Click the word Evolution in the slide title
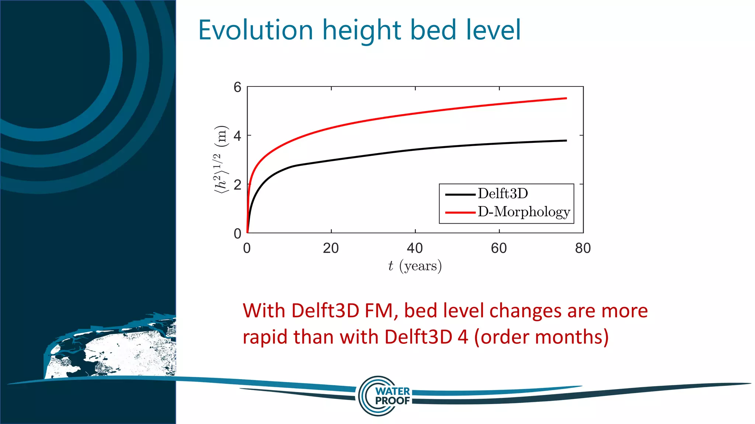(255, 30)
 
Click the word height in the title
(361, 30)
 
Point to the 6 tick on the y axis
(237, 87)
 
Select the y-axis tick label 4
(237, 136)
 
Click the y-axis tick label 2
(237, 184)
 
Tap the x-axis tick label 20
(331, 248)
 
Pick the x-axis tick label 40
(415, 248)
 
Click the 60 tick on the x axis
(499, 248)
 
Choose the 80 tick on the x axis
(583, 248)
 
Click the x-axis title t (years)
(415, 266)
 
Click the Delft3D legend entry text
(503, 194)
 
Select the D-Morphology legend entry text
(524, 212)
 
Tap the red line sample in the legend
(460, 212)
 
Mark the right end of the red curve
(566, 98)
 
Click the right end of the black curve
(566, 141)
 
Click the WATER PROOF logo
(385, 396)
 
